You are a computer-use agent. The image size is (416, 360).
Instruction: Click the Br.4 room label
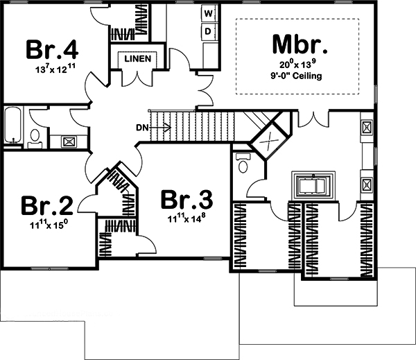click(52, 49)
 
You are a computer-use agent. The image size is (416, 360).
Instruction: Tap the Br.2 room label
click(46, 206)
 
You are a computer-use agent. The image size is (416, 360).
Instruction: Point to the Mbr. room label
click(297, 47)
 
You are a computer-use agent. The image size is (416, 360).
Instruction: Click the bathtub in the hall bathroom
click(12, 126)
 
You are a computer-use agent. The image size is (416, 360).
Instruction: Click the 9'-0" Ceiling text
click(297, 77)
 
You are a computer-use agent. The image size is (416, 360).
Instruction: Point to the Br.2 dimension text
click(46, 225)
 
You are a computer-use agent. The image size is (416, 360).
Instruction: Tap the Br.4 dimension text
click(52, 69)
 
